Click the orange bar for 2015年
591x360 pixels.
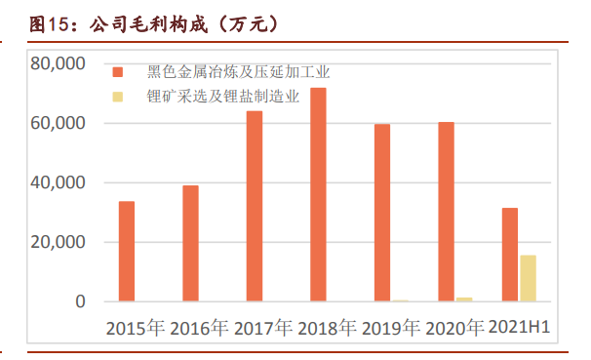point(127,251)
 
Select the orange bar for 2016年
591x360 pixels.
point(190,243)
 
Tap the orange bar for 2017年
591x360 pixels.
point(255,206)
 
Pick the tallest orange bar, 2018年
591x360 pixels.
point(318,194)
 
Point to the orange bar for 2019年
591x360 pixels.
point(382,213)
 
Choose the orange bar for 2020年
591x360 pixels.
point(446,212)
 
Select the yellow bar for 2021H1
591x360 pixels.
point(528,278)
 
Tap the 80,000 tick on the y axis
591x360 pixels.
point(59,64)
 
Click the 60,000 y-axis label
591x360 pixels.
point(59,124)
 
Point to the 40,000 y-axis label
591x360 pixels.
point(59,183)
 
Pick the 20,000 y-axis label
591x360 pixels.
point(59,243)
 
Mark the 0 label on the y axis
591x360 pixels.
point(81,302)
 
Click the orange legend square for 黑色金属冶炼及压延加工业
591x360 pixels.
point(118,72)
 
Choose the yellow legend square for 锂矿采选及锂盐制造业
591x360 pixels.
point(118,96)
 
